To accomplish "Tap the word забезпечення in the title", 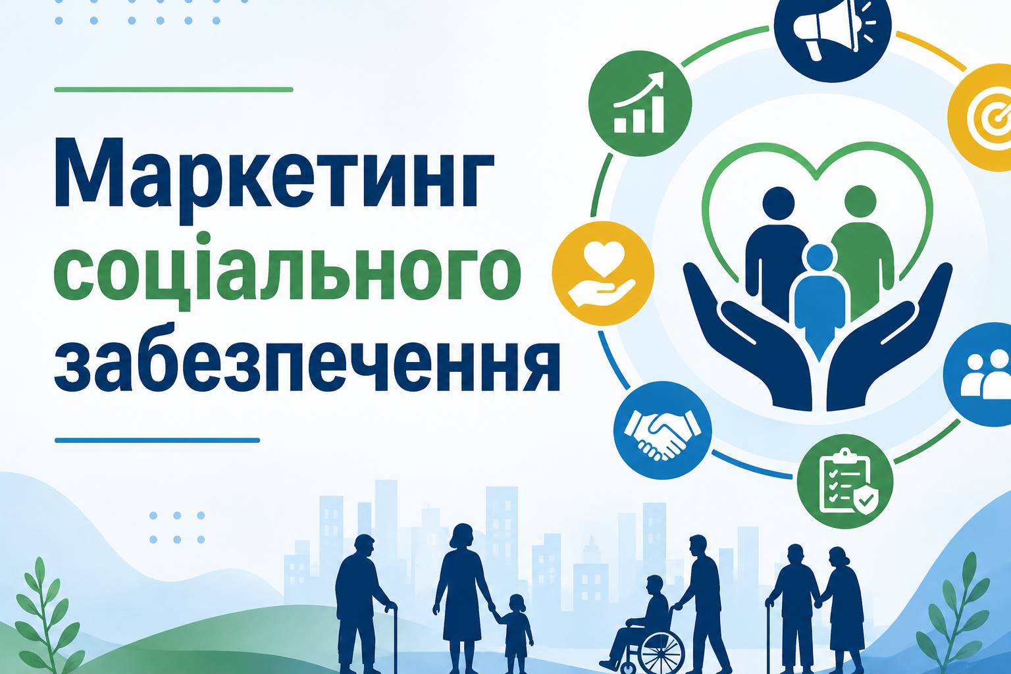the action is pos(307,357).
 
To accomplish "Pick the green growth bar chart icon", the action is pos(640,104).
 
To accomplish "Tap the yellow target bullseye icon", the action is pos(984,117).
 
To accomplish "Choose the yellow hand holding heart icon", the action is pos(603,273).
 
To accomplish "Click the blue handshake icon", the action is pos(663,430).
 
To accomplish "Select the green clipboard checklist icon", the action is pos(845,482).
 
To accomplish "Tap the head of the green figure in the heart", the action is pos(860,201).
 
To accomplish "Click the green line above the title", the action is pos(174,90).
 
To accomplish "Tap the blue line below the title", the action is pos(157,440).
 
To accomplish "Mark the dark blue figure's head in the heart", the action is pos(779,203).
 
